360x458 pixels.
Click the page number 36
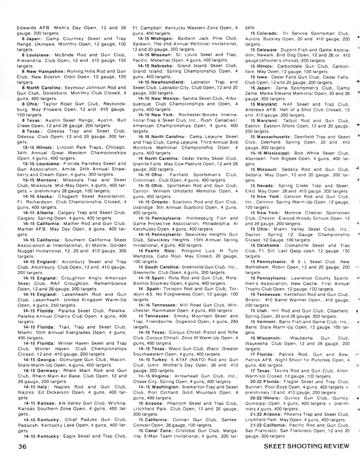pyautogui.click(x=22, y=446)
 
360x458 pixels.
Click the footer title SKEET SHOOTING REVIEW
pyautogui.click(x=307, y=446)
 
